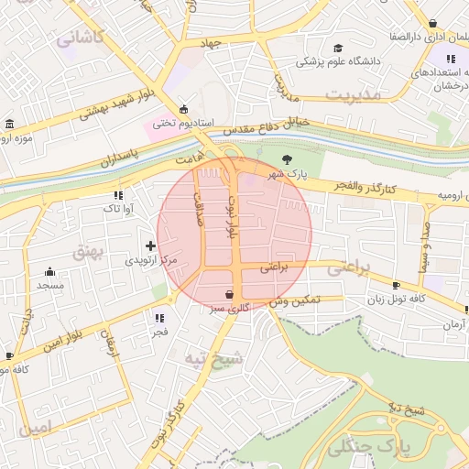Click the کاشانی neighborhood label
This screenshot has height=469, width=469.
81,38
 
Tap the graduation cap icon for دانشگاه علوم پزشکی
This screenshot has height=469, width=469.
338,49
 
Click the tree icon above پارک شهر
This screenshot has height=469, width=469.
287,159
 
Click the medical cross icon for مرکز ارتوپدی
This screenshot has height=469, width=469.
151,245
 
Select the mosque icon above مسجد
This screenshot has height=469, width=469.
49,272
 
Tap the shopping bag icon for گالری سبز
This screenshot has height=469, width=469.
228,295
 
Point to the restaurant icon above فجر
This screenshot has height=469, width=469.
159,318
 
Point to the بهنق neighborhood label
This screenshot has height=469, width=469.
91,249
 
